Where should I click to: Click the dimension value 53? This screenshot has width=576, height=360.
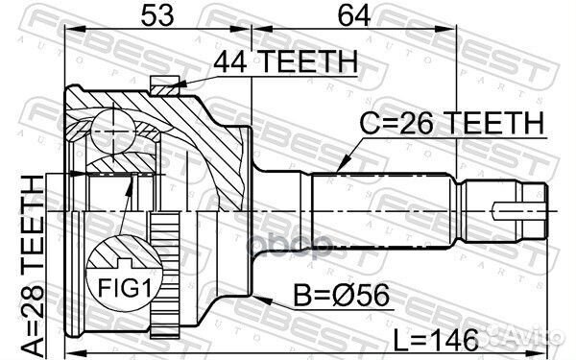pos(158,16)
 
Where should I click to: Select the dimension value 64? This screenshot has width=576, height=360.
pos(352,16)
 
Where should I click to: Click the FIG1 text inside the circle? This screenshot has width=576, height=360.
pos(123,285)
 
